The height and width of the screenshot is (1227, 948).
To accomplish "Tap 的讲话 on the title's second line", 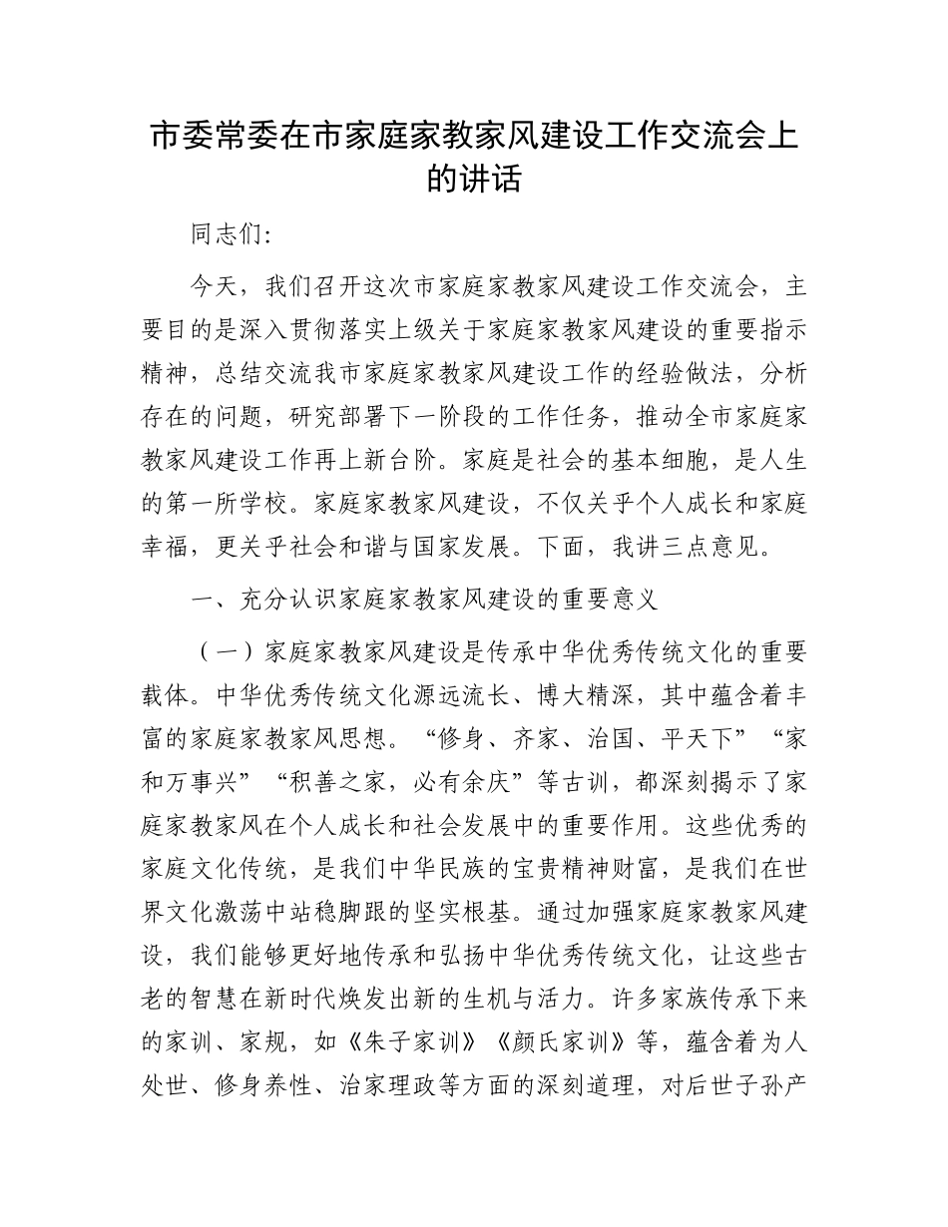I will [x=474, y=180].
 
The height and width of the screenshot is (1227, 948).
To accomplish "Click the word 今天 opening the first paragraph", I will [x=214, y=287].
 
